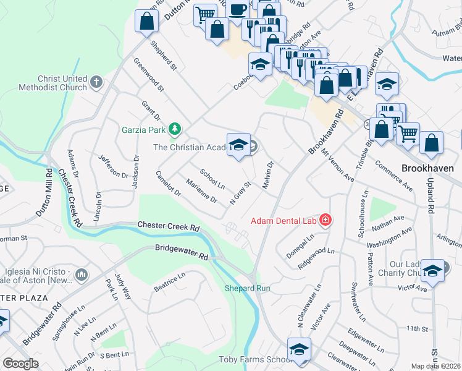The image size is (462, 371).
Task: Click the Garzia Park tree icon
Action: pyautogui.click(x=175, y=129)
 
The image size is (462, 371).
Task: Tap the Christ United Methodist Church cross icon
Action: pyautogui.click(x=96, y=82)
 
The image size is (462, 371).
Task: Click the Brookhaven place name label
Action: pyautogui.click(x=427, y=168)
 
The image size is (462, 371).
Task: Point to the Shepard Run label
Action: pyautogui.click(x=247, y=288)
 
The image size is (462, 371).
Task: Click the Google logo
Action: pyautogui.click(x=20, y=364)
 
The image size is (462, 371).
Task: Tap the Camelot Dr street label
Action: pyautogui.click(x=168, y=184)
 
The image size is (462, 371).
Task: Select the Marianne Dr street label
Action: pyautogui.click(x=202, y=190)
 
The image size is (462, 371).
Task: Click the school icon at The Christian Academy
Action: pyautogui.click(x=238, y=145)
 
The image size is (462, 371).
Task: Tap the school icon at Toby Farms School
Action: pyautogui.click(x=299, y=349)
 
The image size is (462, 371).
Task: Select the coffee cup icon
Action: pyautogui.click(x=237, y=9)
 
